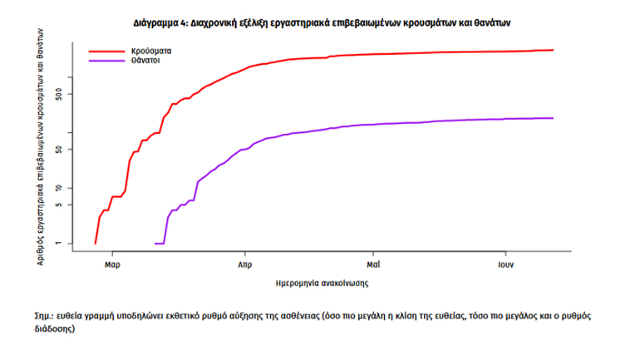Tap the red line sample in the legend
pos(106,52)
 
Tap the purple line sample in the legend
pos(106,61)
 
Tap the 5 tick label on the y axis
pos(71,205)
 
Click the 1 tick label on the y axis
pos(71,244)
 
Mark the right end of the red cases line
pos(553,50)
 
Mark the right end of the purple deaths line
pos(553,118)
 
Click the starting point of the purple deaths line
pos(155,244)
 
